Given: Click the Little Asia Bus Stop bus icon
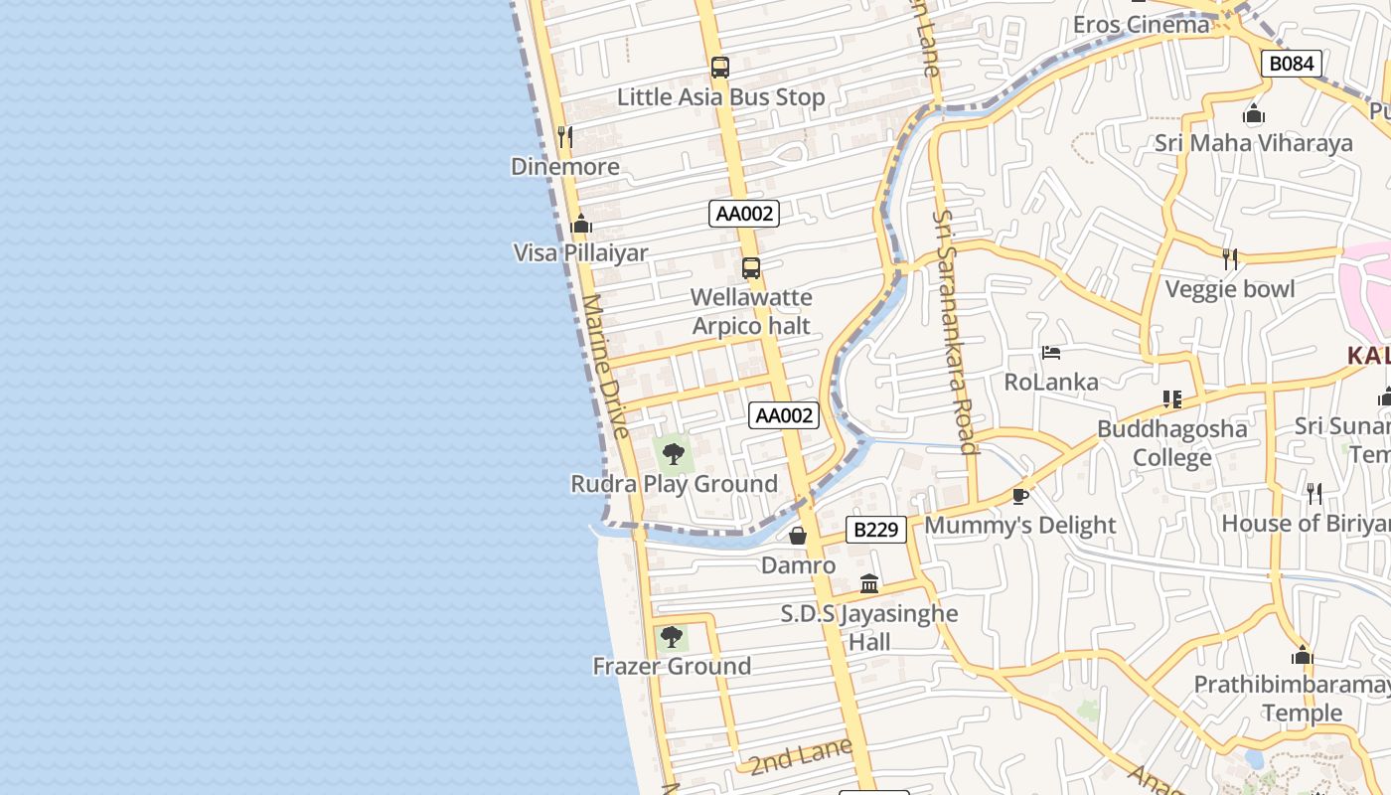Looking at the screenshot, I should point(720,68).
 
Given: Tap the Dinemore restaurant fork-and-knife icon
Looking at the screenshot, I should point(565,137).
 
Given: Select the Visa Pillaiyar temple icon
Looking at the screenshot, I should point(582,224).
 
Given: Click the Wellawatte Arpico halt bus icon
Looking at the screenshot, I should point(751,267).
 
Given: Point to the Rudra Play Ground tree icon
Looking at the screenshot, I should point(674,454).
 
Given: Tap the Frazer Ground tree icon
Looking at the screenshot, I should point(672,636).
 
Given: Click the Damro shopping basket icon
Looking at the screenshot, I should point(798,537).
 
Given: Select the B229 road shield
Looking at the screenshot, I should point(876,530).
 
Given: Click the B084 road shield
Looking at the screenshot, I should point(1292,64).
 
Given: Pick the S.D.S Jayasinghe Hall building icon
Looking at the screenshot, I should point(869,583).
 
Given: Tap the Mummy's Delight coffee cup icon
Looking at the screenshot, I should point(1019,495).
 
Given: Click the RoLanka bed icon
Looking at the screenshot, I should point(1051,353).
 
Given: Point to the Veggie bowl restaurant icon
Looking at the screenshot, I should point(1230,259).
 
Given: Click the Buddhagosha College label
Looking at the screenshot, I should point(1172,443).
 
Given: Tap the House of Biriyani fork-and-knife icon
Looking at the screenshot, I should point(1314,493).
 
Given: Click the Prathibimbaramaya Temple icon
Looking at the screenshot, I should point(1303,656).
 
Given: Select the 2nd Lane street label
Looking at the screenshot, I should point(801,756).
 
